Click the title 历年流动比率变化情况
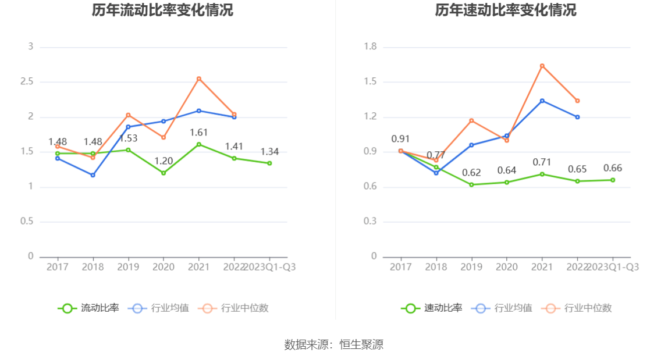162,10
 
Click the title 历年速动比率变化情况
506,10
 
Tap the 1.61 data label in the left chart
199,133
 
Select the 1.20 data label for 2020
164,161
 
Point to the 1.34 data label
269,152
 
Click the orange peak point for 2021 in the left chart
199,79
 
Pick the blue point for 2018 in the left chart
93,175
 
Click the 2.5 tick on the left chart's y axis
26,82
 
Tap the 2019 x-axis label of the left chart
128,267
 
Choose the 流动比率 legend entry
88,308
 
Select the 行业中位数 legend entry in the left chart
233,308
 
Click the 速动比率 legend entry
432,308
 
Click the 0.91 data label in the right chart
400,139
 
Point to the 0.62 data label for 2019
471,173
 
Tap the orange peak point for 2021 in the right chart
542,66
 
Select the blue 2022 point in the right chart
578,117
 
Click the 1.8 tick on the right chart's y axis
370,47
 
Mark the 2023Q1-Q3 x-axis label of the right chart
613,267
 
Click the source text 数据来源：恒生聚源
334,345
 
